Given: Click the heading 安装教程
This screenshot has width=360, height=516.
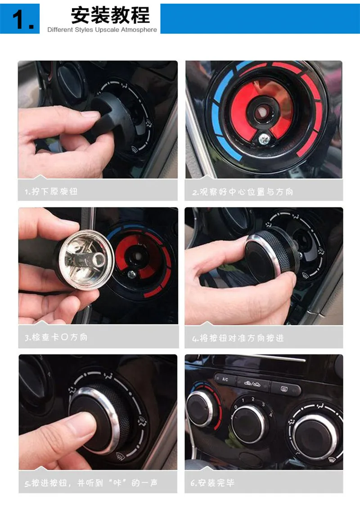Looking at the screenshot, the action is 111,15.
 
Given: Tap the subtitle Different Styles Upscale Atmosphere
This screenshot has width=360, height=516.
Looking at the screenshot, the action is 102,30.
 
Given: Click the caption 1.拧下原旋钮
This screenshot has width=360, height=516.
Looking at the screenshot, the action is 51,191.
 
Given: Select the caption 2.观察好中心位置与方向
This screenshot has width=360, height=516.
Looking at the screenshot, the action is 243,192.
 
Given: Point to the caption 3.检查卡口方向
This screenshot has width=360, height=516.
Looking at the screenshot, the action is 56,337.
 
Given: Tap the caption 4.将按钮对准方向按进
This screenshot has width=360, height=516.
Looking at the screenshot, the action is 238,338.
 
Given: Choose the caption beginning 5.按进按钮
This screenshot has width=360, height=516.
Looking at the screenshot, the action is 91,483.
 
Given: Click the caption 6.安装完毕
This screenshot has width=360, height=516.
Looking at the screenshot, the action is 212,483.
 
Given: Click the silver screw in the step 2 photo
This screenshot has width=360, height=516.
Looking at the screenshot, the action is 264,139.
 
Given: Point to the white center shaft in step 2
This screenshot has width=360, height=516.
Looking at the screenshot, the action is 262,112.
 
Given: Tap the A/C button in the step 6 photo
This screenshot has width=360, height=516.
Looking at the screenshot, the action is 225,379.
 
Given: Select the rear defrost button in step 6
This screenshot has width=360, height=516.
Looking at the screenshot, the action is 285,389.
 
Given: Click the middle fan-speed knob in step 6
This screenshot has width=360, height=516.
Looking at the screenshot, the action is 249,422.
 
